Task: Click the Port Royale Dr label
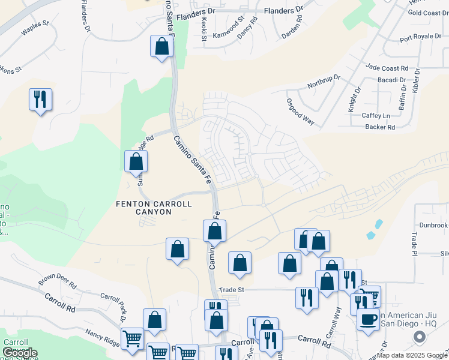(x=420, y=37)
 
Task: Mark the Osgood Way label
(x=300, y=111)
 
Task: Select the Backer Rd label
(x=379, y=127)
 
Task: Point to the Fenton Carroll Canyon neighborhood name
(x=154, y=208)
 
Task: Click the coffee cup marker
(x=367, y=319)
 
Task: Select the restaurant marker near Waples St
(x=40, y=99)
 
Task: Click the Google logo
(x=19, y=353)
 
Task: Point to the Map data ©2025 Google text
(x=411, y=355)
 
